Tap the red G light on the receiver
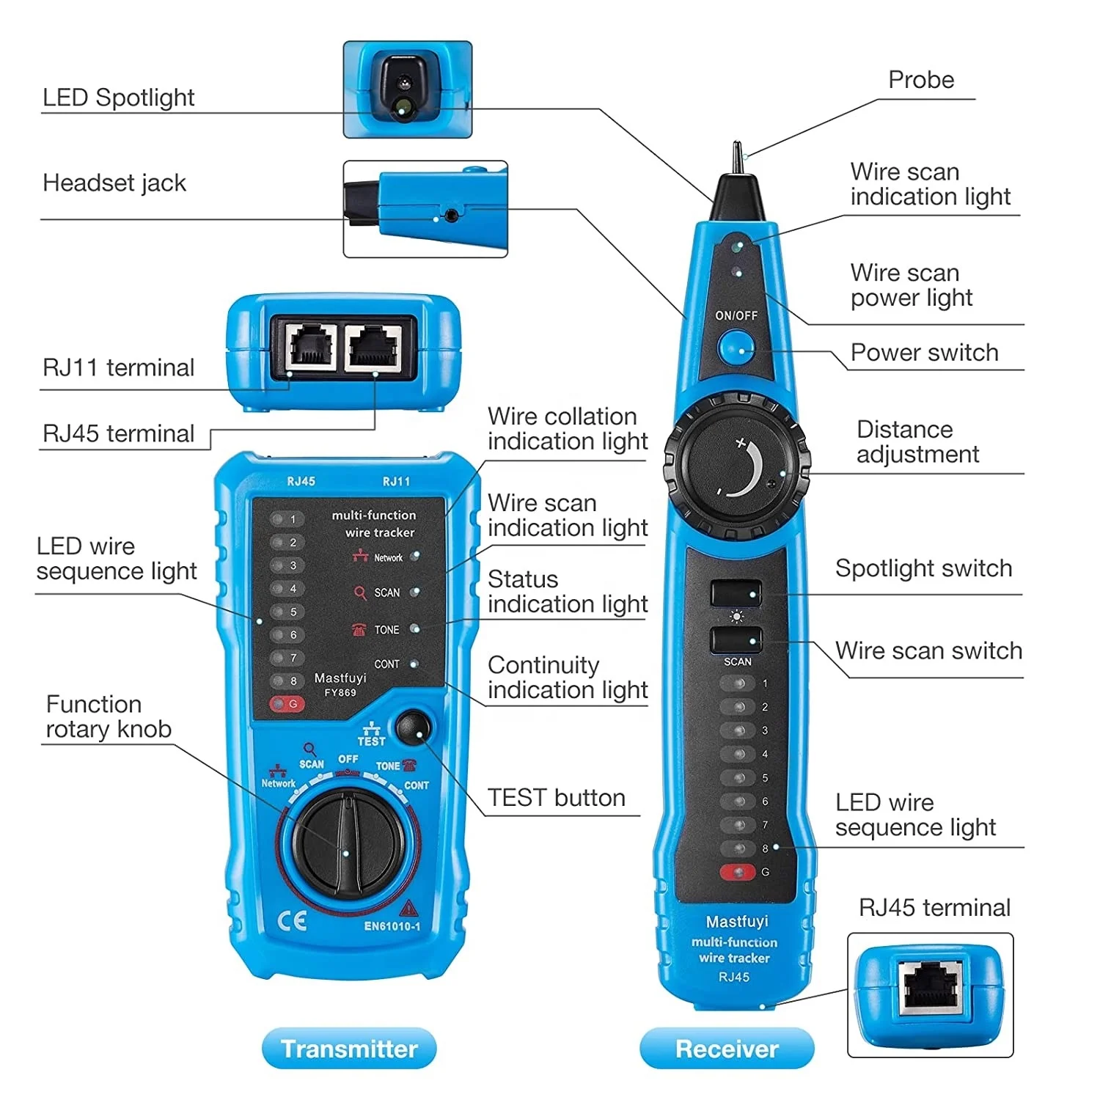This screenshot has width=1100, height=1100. click(x=737, y=872)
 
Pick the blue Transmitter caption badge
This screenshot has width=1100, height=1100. click(x=349, y=1049)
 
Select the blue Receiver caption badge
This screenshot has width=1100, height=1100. click(x=727, y=1049)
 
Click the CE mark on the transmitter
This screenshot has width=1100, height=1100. click(x=292, y=921)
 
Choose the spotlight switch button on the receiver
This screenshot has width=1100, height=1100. click(x=736, y=593)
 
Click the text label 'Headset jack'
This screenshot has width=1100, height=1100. click(x=114, y=183)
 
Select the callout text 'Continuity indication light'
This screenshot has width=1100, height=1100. click(x=567, y=678)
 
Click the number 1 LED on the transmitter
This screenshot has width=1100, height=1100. click(x=285, y=519)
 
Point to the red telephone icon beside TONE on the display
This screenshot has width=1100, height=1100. click(x=359, y=629)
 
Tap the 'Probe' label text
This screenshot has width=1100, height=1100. click(x=921, y=80)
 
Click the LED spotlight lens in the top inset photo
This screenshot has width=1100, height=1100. click(x=403, y=108)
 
